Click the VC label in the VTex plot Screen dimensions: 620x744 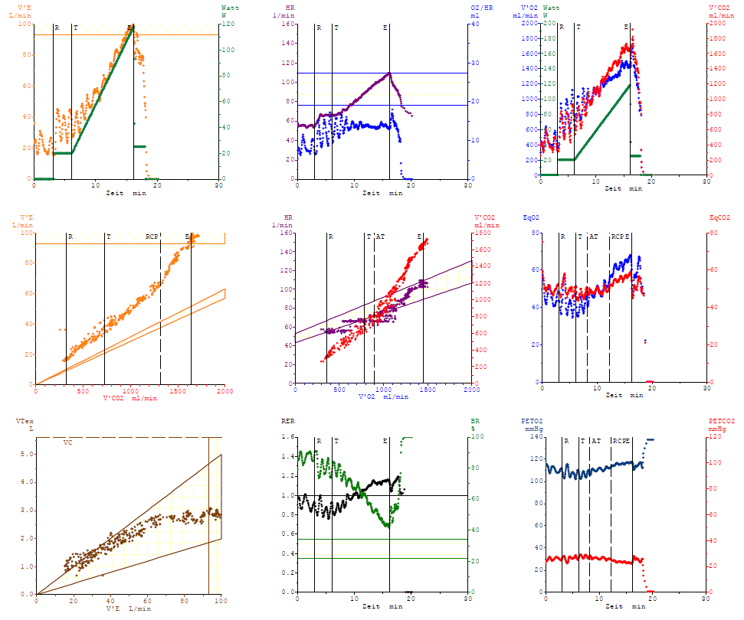[67, 442]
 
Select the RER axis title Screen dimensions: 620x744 [288, 421]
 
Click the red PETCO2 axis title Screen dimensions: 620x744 [719, 421]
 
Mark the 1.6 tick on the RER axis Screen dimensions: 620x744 [287, 437]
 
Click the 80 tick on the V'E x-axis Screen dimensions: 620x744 [185, 601]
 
